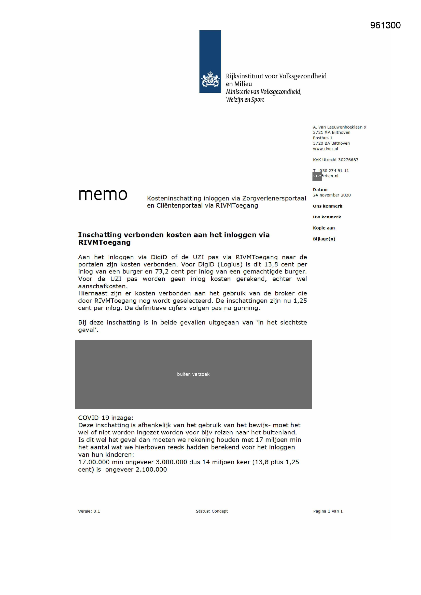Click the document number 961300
pyautogui.click(x=385, y=25)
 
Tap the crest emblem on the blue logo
pyautogui.click(x=210, y=79)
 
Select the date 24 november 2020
pyautogui.click(x=332, y=195)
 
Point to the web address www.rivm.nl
pyautogui.click(x=325, y=149)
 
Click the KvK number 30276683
pyautogui.click(x=348, y=160)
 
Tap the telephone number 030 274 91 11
pyautogui.click(x=334, y=171)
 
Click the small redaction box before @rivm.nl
pyautogui.click(x=317, y=176)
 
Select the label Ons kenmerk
pyautogui.click(x=327, y=206)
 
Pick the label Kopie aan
pyautogui.click(x=324, y=228)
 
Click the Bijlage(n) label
pyautogui.click(x=324, y=239)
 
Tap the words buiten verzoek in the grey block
pyautogui.click(x=193, y=374)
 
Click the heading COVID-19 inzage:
pyautogui.click(x=106, y=418)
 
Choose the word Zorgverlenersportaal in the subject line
pyautogui.click(x=274, y=199)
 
